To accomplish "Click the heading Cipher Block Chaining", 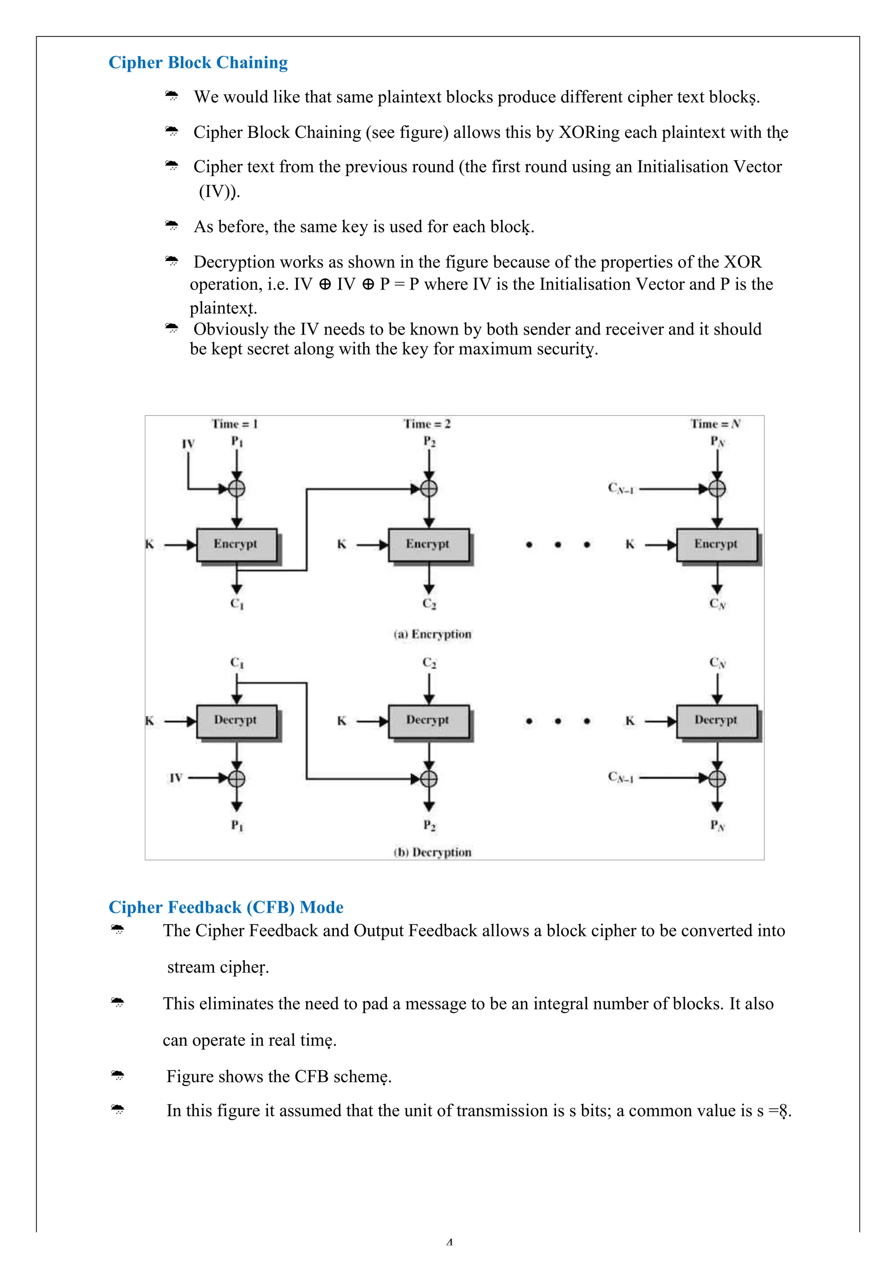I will (x=198, y=63).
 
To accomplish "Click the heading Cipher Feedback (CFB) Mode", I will (x=225, y=907).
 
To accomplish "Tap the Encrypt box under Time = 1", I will (x=236, y=544).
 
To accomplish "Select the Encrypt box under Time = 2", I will (x=428, y=544).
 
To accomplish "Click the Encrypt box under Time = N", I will (x=716, y=544).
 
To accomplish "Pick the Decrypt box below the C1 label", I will (x=236, y=720).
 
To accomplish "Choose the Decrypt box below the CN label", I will (x=716, y=720).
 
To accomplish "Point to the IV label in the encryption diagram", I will (x=188, y=444).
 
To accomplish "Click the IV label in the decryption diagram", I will (x=176, y=778).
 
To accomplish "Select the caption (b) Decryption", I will (x=432, y=852).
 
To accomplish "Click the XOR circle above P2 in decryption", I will (x=429, y=779).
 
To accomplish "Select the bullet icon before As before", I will (x=172, y=225).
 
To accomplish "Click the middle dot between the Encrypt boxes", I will (x=558, y=545).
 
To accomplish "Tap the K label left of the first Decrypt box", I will (x=149, y=721).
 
